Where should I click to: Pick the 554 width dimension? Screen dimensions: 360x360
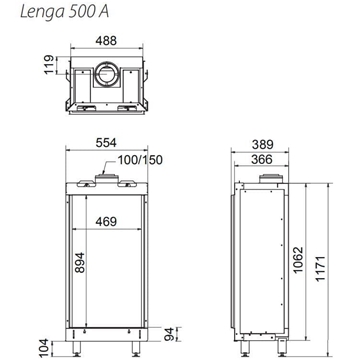[x=105, y=144]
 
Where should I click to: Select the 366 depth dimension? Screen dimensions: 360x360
[x=262, y=159]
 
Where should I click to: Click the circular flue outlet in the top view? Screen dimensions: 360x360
[x=105, y=76]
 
